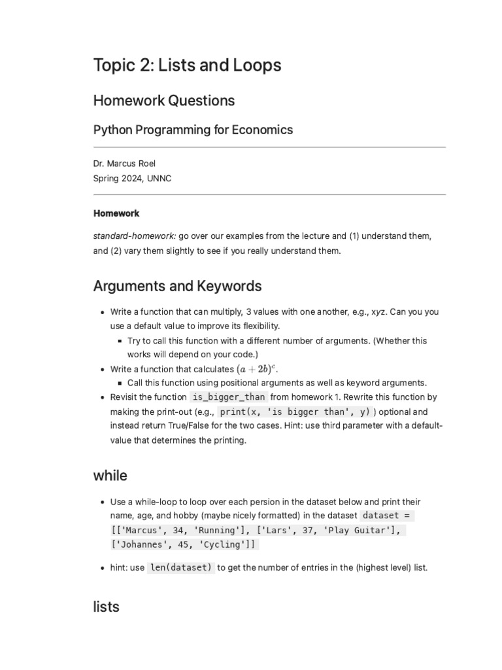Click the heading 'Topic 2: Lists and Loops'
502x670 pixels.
pos(187,65)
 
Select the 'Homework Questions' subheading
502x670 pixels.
pos(163,101)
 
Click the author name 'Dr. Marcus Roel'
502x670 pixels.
pos(124,164)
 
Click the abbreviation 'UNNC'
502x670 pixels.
pos(159,178)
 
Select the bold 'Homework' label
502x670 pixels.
pos(116,213)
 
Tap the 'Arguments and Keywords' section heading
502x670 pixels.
pos(177,286)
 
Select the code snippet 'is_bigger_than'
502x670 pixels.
pos(229,397)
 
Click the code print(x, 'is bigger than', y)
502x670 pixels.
pos(295,412)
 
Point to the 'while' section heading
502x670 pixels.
pos(110,476)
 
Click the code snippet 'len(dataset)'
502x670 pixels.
pos(181,568)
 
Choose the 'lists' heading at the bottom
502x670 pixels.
pos(106,607)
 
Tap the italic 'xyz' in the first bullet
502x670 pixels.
pos(378,312)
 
